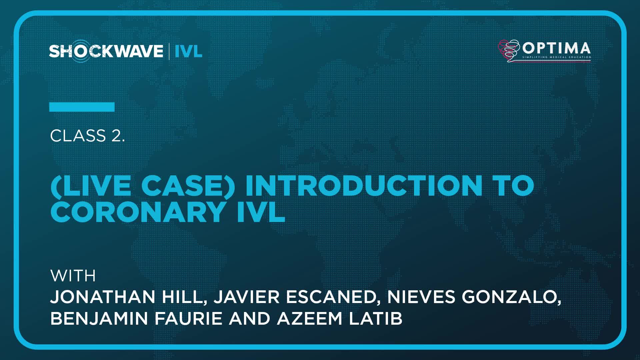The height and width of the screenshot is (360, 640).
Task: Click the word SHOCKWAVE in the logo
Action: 106,51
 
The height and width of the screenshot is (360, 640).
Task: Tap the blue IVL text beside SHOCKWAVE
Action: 188,51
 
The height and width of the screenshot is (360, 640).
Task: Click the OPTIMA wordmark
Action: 556,48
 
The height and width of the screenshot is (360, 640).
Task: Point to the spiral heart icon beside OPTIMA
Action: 509,51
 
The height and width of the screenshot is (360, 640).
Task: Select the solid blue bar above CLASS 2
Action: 82,107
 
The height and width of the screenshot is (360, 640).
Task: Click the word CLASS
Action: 78,136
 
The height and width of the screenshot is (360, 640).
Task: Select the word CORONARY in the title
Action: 137,212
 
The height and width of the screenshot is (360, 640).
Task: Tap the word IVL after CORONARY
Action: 261,212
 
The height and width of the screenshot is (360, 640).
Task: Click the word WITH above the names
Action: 73,276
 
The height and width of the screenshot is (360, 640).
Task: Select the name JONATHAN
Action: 103,297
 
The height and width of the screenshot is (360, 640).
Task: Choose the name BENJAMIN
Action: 99,318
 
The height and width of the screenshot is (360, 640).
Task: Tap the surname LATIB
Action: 376,318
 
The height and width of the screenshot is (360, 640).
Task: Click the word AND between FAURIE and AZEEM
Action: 250,318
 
